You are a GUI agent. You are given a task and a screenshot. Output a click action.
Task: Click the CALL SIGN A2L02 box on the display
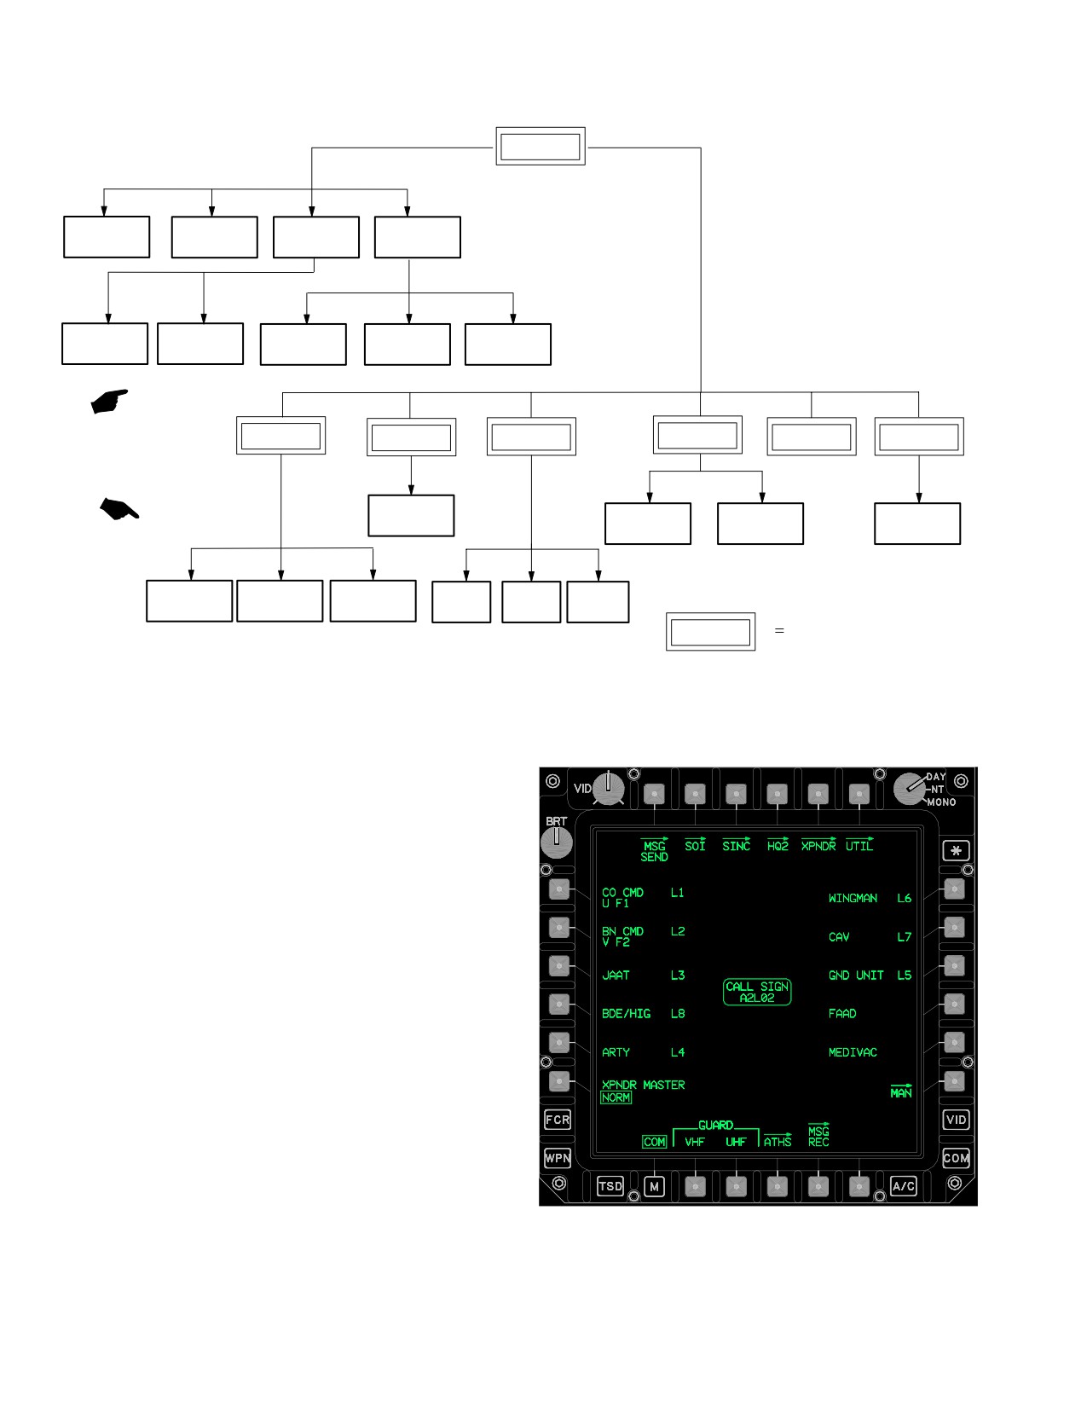point(757,992)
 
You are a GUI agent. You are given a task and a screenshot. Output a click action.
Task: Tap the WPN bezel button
point(558,1158)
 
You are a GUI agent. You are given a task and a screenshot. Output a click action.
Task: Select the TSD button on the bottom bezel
point(610,1186)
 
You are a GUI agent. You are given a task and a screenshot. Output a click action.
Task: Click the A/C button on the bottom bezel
point(903,1186)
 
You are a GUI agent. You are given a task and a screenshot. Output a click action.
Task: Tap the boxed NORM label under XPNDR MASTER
point(616,1097)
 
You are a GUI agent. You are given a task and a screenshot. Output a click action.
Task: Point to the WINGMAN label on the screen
point(853,898)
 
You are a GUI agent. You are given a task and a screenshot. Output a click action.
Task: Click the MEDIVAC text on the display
point(853,1052)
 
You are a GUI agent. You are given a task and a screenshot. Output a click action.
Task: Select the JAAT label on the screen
point(616,976)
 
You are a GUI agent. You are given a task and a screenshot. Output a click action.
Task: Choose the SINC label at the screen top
point(736,845)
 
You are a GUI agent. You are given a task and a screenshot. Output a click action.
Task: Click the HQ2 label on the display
point(778,845)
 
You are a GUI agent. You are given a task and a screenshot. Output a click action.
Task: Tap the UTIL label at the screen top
point(859,845)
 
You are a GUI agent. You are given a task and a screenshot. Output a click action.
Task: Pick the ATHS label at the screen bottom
point(777,1141)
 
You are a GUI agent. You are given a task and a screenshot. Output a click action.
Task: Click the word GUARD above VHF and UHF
point(715,1126)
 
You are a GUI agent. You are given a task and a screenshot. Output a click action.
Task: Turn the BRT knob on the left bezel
point(556,842)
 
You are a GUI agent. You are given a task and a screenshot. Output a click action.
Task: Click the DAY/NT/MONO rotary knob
point(910,789)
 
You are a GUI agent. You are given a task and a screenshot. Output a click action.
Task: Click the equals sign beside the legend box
point(779,631)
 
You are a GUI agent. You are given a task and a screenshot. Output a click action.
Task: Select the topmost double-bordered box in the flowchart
point(541,147)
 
